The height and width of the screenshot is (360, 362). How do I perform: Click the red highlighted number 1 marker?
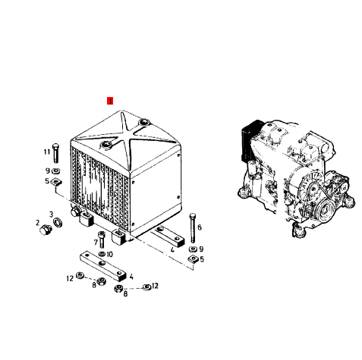110,101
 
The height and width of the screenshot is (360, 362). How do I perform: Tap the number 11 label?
47,152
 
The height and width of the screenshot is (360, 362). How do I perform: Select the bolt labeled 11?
55,153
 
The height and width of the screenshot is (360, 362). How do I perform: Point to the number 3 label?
52,214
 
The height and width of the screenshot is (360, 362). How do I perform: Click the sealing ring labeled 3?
58,222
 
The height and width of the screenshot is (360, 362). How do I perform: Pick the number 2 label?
37,223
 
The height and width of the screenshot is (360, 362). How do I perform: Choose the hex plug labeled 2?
46,230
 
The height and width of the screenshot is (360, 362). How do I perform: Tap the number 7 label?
96,243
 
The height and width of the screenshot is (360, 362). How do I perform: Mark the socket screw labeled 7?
102,239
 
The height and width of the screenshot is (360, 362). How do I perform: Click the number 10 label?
109,254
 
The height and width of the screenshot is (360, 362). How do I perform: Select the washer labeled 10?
102,254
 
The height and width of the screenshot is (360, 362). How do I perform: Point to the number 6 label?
200,227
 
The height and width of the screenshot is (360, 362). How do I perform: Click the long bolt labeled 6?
192,228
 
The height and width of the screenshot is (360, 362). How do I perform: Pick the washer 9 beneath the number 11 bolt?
55,171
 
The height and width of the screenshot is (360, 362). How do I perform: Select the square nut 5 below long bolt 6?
192,259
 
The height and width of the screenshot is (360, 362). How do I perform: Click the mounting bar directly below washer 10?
103,266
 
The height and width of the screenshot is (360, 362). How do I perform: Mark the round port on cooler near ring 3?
75,211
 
